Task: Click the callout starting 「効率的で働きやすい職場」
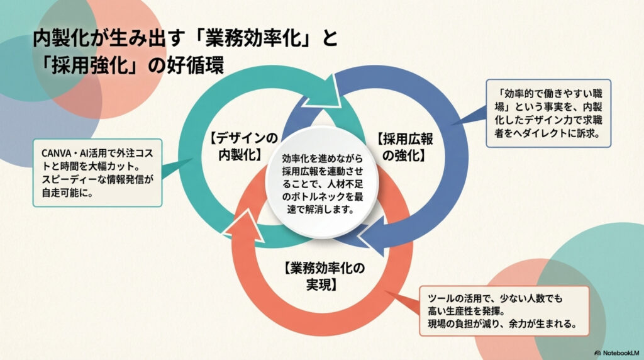click(549, 113)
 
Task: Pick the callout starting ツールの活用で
click(505, 311)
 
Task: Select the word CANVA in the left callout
click(58, 154)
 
